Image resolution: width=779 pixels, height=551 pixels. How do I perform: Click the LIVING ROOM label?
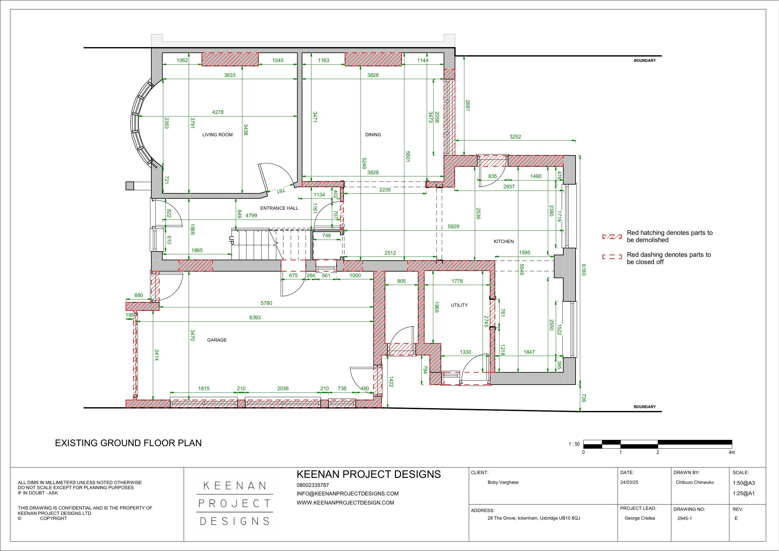(218, 135)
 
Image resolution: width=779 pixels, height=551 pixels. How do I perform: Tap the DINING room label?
(373, 135)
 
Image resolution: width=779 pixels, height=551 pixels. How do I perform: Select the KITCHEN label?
(504, 241)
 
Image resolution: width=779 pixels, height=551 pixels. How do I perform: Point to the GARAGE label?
(217, 340)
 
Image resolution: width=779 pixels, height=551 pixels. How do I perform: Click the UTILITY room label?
(459, 305)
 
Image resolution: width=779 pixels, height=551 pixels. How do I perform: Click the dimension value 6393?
(255, 318)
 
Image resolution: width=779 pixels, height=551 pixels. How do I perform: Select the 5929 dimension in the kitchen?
(453, 227)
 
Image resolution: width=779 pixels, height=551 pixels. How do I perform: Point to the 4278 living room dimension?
(218, 112)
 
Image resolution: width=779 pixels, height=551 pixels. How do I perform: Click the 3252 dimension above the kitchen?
(515, 137)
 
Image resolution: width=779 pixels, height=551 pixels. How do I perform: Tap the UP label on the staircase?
(231, 240)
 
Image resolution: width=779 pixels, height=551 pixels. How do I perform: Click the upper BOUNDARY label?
(645, 61)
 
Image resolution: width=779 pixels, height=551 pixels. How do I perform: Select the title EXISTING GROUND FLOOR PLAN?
(128, 443)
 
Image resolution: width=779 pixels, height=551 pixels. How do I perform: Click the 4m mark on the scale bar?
(732, 452)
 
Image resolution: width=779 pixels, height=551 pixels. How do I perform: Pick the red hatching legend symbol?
(612, 237)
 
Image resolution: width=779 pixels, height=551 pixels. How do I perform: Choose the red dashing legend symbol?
(612, 257)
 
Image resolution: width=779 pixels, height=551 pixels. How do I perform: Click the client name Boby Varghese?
(503, 483)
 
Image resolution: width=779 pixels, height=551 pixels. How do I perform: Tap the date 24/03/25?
(629, 483)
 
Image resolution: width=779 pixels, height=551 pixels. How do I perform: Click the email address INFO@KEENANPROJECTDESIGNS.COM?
(348, 494)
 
